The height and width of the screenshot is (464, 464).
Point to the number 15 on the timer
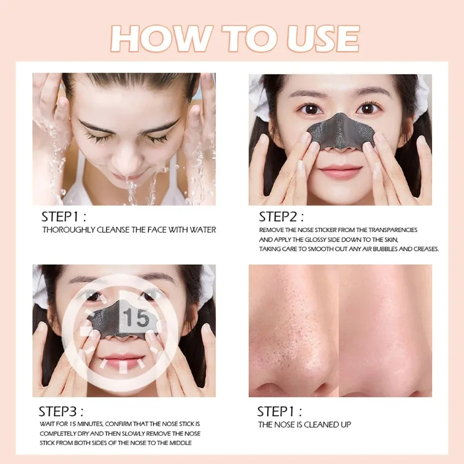pos(137,319)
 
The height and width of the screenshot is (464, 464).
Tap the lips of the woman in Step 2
pos(340,172)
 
